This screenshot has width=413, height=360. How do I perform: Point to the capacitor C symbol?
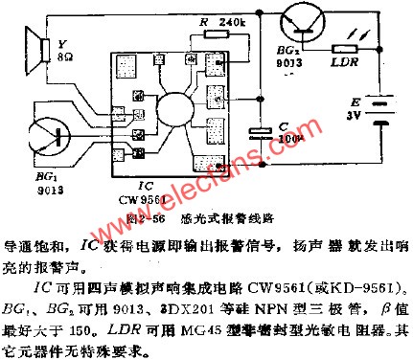258,132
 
